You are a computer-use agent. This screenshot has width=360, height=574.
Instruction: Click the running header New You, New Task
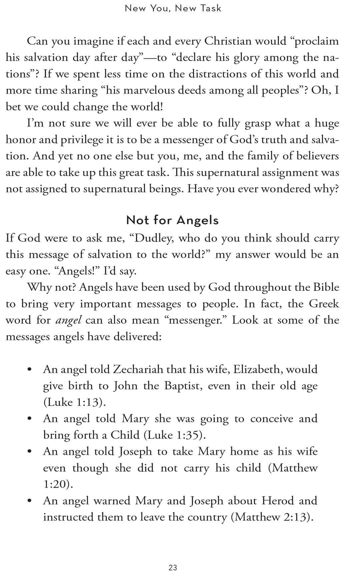tap(173, 8)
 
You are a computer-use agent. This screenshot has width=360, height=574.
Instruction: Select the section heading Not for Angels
tap(172, 220)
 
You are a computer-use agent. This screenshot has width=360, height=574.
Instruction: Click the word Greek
tap(324, 304)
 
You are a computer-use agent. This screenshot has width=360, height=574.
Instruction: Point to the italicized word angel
tap(68, 321)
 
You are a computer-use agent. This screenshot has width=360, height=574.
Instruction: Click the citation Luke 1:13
tap(74, 402)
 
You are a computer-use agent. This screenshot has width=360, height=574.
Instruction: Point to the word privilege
tap(82, 140)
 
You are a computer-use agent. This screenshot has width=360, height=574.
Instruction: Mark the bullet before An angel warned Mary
tap(30, 501)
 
